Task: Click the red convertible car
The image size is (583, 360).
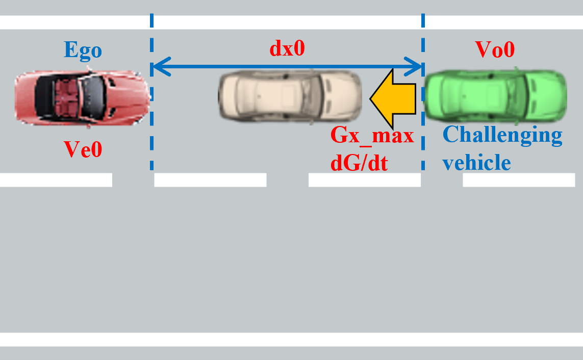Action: pyautogui.click(x=82, y=97)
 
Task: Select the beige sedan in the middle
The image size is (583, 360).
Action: pyautogui.click(x=290, y=97)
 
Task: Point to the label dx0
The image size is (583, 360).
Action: pyautogui.click(x=287, y=48)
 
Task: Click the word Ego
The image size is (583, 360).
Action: pyautogui.click(x=83, y=50)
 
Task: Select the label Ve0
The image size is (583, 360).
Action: pyautogui.click(x=83, y=149)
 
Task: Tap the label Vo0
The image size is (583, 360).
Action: pyautogui.click(x=495, y=49)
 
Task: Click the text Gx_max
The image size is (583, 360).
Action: pyautogui.click(x=372, y=136)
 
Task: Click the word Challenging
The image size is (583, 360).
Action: pyautogui.click(x=502, y=135)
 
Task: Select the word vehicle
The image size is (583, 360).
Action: pyautogui.click(x=476, y=162)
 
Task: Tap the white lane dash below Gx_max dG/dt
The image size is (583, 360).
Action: pyautogui.click(x=364, y=180)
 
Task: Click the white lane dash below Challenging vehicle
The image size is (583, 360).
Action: pyautogui.click(x=518, y=180)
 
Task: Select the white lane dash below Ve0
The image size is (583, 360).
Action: pyautogui.click(x=56, y=180)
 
